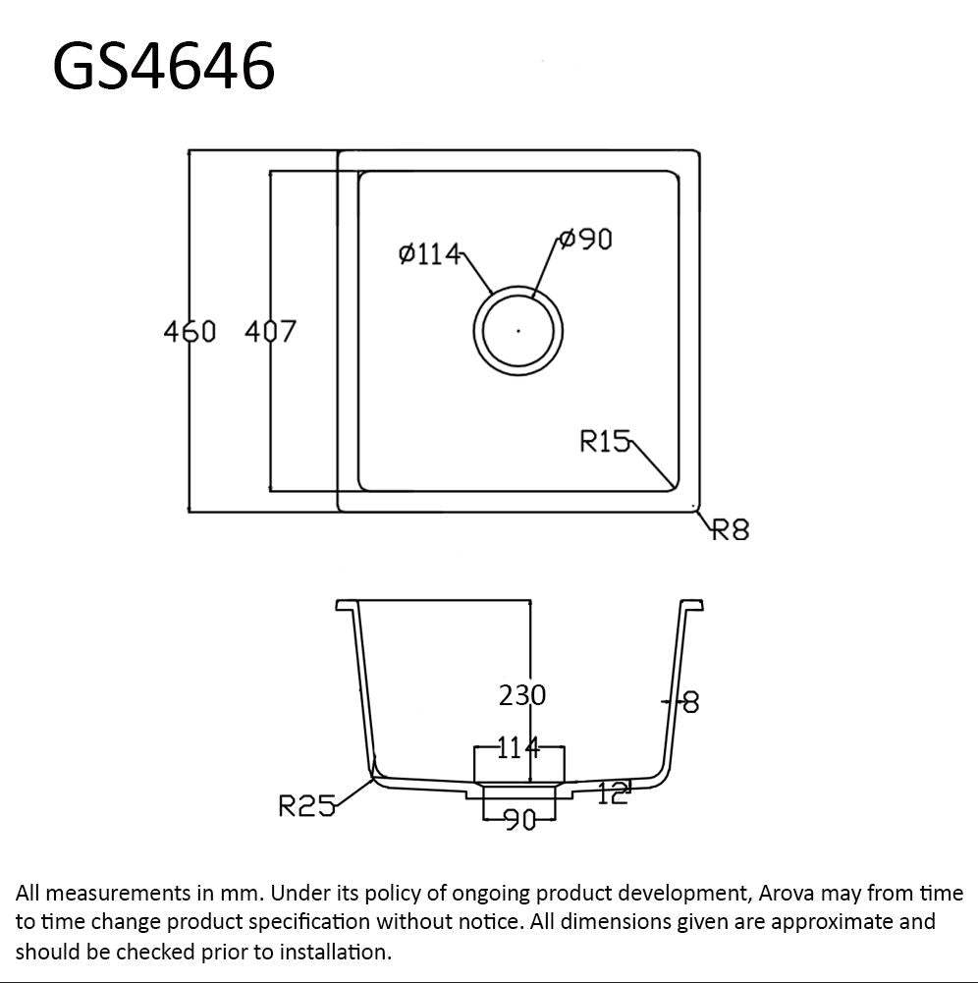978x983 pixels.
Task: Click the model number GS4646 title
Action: coord(163,67)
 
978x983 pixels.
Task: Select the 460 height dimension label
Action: coord(189,332)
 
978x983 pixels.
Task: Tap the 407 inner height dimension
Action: coord(269,332)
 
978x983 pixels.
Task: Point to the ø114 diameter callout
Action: coord(429,254)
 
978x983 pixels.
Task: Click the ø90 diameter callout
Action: coord(585,239)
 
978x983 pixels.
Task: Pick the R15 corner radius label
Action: coord(604,442)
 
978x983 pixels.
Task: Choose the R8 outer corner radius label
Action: coord(731,529)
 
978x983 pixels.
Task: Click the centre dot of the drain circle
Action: coord(518,331)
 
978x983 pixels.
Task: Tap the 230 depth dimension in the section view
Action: coord(522,695)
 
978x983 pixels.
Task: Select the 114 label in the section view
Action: coord(517,748)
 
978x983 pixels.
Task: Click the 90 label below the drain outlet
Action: coord(519,819)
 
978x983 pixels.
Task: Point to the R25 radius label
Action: coord(306,807)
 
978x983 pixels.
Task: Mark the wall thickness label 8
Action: coord(690,702)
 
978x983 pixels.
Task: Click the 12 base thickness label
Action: coord(612,793)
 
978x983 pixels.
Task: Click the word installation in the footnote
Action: coord(334,952)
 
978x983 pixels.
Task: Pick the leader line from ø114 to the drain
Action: coord(477,273)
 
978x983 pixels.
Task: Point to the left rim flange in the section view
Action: coord(347,604)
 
